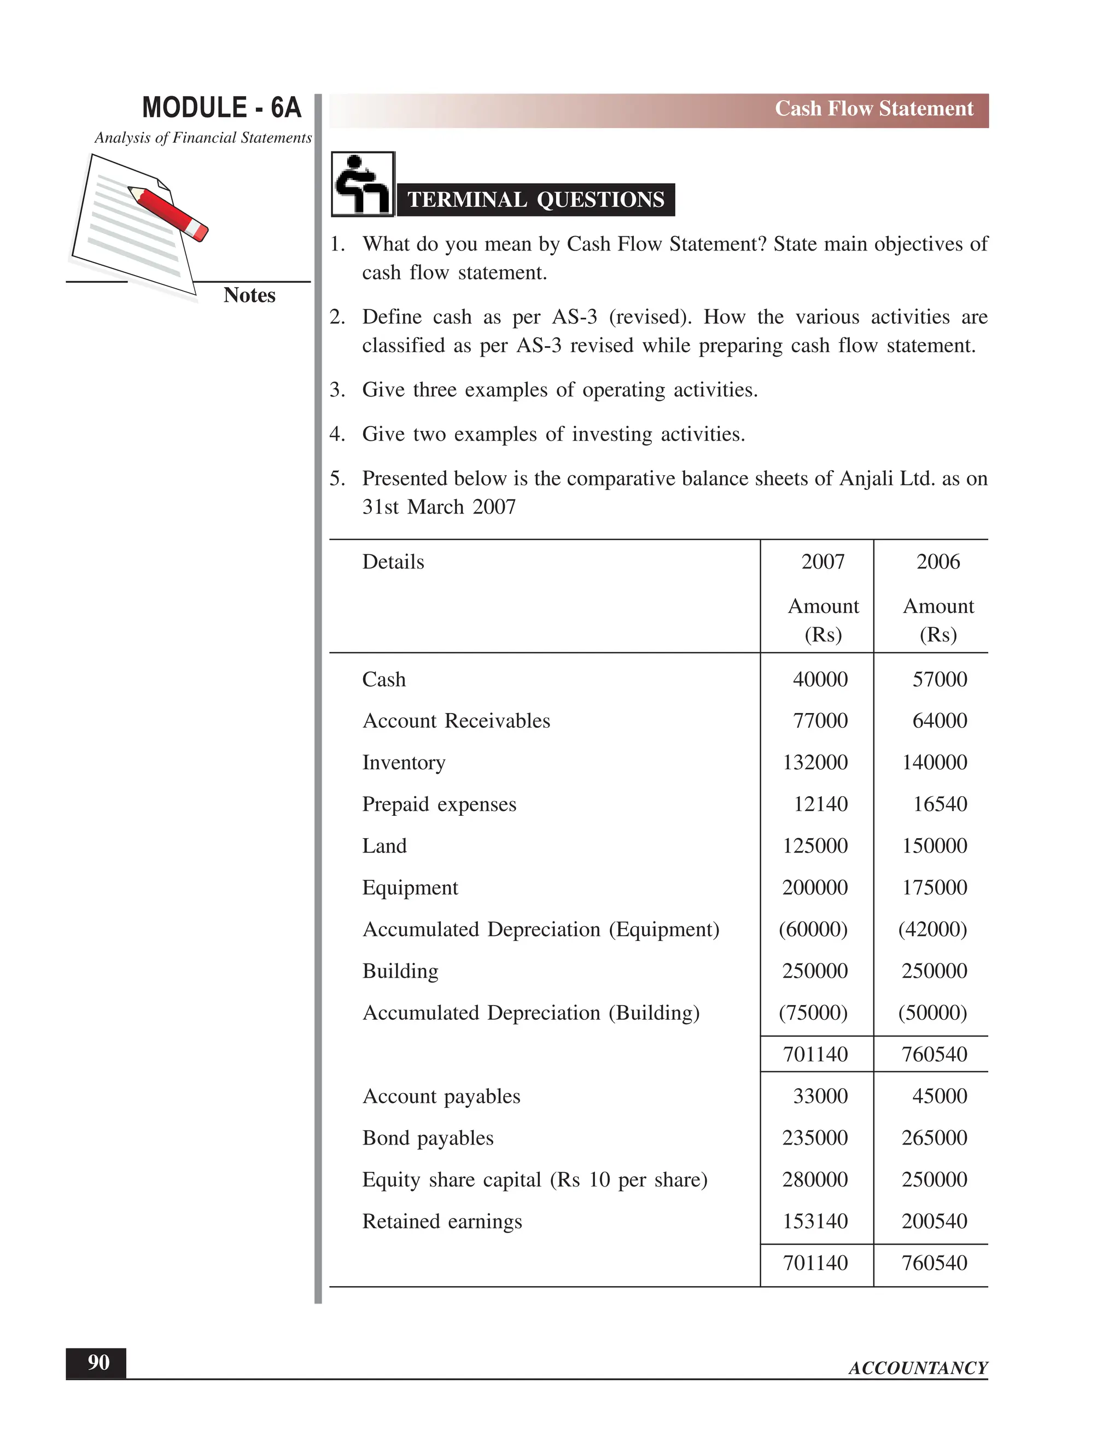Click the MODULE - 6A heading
pos(221,108)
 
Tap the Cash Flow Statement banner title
pos(873,109)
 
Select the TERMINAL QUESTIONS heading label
pos(535,200)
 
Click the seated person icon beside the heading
pos(362,184)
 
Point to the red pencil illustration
pos(168,213)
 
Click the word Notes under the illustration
pos(249,295)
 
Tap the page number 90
pos(98,1363)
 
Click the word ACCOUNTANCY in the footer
pos(918,1368)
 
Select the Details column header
pos(393,562)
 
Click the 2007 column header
pos(822,562)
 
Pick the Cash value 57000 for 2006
pos(939,679)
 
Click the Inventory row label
pos(404,763)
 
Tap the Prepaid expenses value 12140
pos(820,804)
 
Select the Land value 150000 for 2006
pos(934,846)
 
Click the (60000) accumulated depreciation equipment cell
pos(813,930)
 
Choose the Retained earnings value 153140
pos(815,1222)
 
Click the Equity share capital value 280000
pos(815,1179)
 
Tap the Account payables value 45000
pos(939,1096)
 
